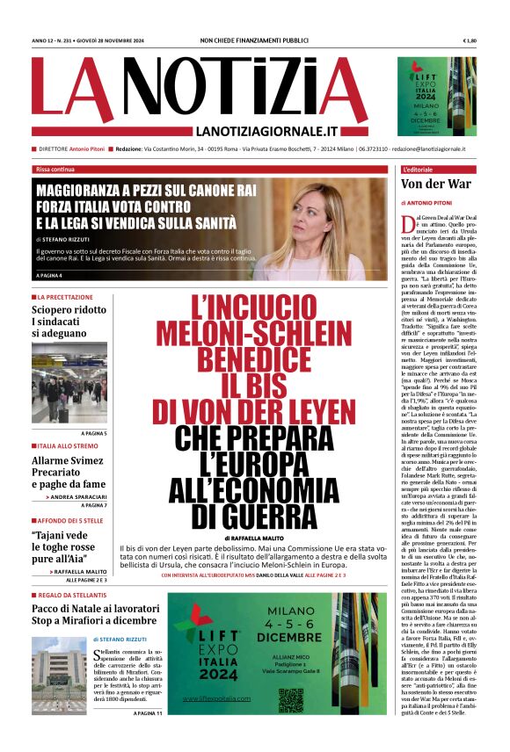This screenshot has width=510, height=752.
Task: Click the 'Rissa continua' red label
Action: (55, 169)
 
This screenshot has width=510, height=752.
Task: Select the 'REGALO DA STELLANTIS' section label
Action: (74, 595)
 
